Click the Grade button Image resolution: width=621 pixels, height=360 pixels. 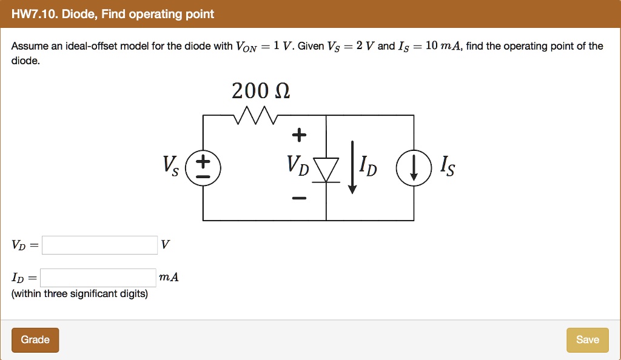click(35, 340)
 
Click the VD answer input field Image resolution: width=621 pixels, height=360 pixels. click(99, 245)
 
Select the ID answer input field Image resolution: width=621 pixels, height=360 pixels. click(99, 278)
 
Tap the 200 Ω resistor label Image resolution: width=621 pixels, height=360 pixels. click(261, 91)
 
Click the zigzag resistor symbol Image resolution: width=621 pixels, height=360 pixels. click(255, 114)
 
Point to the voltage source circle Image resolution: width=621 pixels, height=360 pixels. click(203, 167)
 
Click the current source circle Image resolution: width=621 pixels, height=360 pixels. click(414, 168)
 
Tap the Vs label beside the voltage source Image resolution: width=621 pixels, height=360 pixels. click(170, 165)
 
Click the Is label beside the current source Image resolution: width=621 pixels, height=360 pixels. click(446, 165)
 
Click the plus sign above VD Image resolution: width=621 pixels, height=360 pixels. click(298, 135)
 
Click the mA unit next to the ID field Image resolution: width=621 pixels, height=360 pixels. click(168, 278)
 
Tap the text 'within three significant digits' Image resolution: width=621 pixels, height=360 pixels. click(79, 294)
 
